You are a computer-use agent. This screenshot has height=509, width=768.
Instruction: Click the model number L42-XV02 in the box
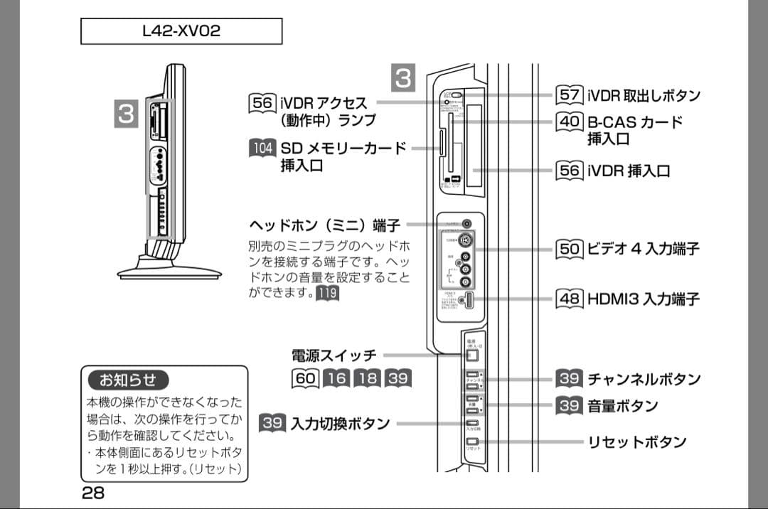tap(181, 31)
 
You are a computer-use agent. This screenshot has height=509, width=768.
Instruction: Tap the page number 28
tap(92, 492)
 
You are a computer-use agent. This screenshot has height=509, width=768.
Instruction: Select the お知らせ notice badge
tap(128, 379)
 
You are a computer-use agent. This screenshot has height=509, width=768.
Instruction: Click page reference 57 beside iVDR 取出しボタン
tap(570, 95)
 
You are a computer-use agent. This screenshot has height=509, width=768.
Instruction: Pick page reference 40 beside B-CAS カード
tap(570, 122)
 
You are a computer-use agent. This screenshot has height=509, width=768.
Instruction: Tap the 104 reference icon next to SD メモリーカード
tap(262, 149)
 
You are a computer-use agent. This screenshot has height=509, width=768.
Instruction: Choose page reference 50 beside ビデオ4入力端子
tap(570, 249)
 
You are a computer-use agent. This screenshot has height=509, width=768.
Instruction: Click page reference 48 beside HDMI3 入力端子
tap(570, 298)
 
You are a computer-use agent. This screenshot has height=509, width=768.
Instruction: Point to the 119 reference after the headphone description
tap(327, 293)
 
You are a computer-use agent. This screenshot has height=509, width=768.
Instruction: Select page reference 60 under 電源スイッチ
tap(305, 379)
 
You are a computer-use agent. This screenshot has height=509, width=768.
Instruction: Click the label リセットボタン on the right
tap(636, 442)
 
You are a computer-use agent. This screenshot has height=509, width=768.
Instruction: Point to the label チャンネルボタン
tap(644, 379)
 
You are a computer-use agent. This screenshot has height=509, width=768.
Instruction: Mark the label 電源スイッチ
tap(334, 355)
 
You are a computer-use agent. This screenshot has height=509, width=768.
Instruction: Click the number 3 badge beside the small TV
tap(127, 114)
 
